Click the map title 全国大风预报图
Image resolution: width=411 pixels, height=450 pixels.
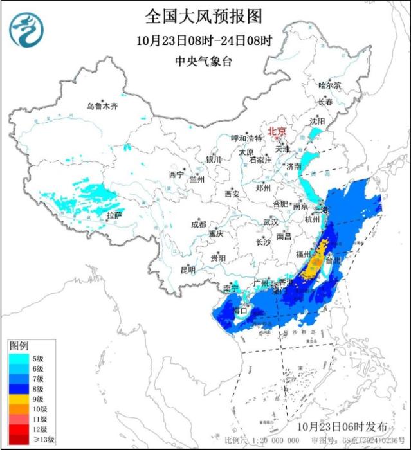pyautogui.click(x=205, y=15)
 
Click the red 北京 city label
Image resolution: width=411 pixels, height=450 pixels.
pyautogui.click(x=277, y=129)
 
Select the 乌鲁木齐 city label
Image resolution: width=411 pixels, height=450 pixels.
pyautogui.click(x=103, y=106)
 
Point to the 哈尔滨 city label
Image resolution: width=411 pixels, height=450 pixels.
pyautogui.click(x=330, y=85)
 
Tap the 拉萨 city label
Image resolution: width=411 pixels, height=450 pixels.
pyautogui.click(x=114, y=215)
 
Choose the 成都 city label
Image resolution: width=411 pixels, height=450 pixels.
pyautogui.click(x=198, y=224)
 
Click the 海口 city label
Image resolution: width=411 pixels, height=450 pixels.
pyautogui.click(x=241, y=310)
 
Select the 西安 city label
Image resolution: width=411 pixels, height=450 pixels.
pyautogui.click(x=232, y=194)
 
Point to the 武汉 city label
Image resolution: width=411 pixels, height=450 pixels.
pyautogui.click(x=270, y=222)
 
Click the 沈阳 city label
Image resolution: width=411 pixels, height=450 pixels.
pyautogui.click(x=317, y=121)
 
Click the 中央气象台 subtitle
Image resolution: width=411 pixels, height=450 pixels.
pyautogui.click(x=204, y=61)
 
